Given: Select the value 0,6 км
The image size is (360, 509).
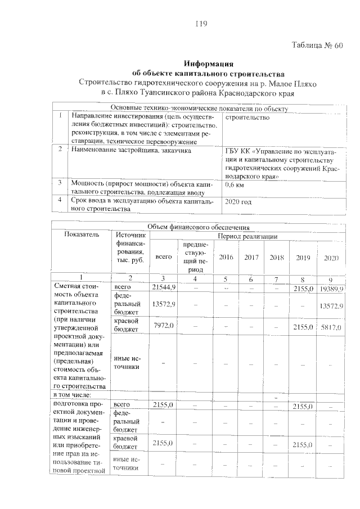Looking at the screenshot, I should point(235,184).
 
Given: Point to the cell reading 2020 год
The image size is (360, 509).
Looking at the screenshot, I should point(238,201).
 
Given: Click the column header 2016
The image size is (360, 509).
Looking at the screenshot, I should point(226,257).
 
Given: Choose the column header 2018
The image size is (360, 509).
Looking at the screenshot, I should point(276,257).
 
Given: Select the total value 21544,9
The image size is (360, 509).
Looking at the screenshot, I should point(164,287).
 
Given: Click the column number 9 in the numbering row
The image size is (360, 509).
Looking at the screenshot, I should point(330,279).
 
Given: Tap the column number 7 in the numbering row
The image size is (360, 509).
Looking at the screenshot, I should point(276,279).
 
